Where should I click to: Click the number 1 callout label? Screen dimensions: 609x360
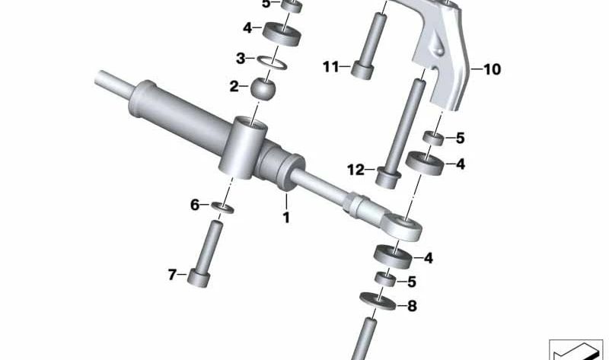point(286,218)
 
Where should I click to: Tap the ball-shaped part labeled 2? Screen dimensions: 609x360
point(263,89)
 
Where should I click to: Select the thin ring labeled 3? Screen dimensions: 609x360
point(272,62)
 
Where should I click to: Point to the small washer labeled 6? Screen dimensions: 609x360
point(222,207)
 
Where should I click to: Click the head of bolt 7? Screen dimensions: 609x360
point(199,277)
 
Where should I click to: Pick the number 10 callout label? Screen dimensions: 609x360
point(491,69)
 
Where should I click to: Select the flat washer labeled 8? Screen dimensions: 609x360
point(378,301)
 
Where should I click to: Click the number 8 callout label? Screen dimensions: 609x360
point(412,306)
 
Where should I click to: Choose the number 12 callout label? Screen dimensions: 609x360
point(356,170)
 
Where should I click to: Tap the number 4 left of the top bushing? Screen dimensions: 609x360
point(247,28)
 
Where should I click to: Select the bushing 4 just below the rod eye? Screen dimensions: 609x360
point(393,256)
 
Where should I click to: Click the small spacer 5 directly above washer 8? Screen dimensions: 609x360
point(385,279)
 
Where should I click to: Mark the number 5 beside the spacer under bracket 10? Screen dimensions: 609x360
point(461,138)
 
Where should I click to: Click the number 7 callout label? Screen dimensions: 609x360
point(173,275)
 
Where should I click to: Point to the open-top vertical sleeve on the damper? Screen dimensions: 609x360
point(243,148)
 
